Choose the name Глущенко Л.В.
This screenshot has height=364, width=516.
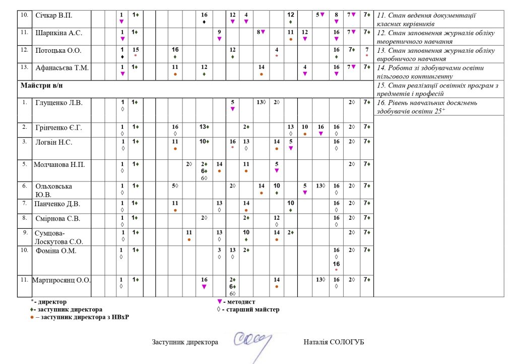click(59, 103)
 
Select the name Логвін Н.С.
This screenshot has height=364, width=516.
click(54, 142)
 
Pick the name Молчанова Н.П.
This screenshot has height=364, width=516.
click(59, 164)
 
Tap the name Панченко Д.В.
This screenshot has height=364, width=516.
click(57, 204)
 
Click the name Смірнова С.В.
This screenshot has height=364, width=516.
click(57, 219)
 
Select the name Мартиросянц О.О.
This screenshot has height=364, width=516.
click(61, 280)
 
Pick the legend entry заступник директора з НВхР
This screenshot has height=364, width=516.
click(83, 317)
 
